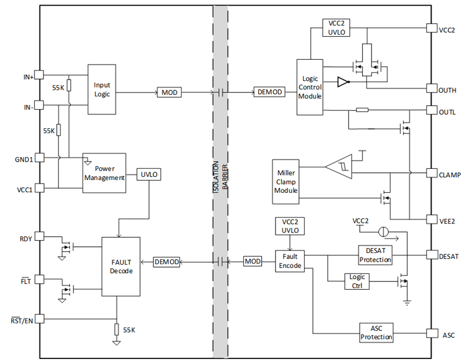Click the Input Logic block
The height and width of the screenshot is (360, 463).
102,89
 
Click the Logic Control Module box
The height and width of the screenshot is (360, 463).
309,87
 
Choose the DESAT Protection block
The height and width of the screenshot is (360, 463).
375,255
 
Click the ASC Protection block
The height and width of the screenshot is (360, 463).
376,333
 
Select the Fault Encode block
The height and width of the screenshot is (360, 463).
290,261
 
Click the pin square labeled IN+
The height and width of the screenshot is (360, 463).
40,76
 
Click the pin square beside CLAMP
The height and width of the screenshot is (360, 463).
431,173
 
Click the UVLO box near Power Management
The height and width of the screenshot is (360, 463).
149,174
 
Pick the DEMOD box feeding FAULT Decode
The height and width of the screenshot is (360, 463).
167,261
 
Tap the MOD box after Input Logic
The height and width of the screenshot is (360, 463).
169,92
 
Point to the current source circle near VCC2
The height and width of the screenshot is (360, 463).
383,231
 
